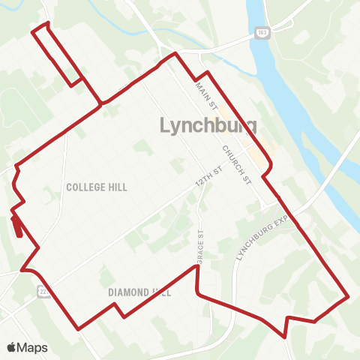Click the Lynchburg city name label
209,125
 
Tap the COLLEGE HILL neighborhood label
97,187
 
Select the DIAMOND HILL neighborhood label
139,292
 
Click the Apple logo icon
11,347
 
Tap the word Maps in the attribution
32,347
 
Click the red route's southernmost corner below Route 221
79,328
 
